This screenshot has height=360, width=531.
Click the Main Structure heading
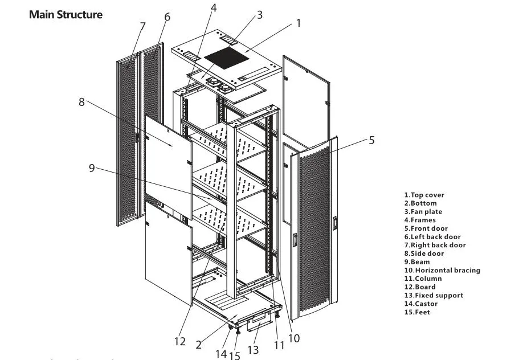[66, 15]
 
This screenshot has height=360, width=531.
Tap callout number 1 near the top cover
[298, 23]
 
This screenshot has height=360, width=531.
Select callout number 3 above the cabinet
[260, 15]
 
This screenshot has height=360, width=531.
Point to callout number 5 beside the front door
[371, 140]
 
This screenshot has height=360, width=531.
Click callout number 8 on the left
[81, 102]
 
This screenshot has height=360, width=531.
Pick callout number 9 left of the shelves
[91, 168]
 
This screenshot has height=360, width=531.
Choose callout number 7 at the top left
[142, 26]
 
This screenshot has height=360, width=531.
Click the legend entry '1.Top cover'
[424, 195]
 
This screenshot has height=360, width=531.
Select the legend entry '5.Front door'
[426, 228]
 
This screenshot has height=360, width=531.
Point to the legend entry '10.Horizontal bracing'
[442, 271]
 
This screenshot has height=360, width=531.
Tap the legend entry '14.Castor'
[421, 304]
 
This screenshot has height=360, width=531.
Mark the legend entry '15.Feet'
[417, 312]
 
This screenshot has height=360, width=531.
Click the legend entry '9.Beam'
[417, 262]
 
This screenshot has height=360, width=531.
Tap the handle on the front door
[335, 223]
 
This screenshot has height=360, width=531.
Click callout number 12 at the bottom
[180, 342]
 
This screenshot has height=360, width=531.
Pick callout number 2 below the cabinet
[198, 345]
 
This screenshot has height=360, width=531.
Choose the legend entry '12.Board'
[420, 287]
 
